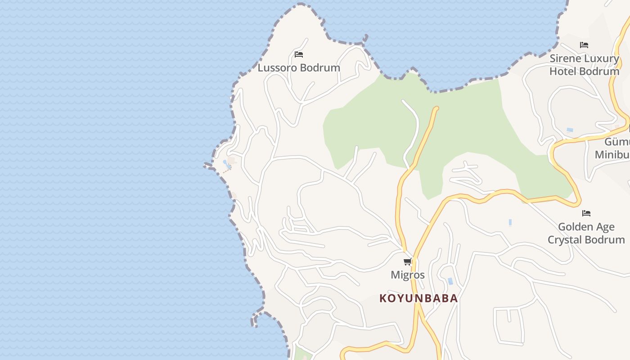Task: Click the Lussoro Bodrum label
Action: tap(299, 68)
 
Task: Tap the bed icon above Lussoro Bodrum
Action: tap(299, 54)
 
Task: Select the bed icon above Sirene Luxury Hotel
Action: tap(584, 45)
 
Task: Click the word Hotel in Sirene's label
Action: tap(562, 71)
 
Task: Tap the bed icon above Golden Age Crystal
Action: tap(586, 213)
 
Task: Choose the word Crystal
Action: tap(565, 240)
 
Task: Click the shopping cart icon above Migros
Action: tap(407, 261)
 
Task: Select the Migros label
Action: tap(408, 275)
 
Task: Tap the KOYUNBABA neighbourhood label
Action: tap(418, 298)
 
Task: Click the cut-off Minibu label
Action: tap(612, 155)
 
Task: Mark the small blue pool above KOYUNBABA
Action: tap(450, 281)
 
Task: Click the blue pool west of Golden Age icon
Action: tap(510, 222)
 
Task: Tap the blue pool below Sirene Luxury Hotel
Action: tap(570, 130)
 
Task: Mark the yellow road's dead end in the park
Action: tap(436, 108)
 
